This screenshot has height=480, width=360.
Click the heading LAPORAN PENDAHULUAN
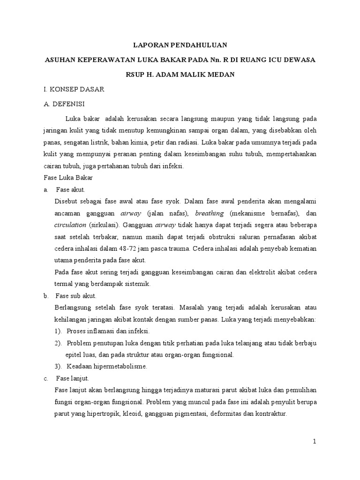coord(180,45)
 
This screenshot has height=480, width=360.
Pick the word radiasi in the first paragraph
coord(188,141)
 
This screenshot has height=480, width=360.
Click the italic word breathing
coord(210,213)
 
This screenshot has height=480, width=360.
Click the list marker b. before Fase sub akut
coord(46,296)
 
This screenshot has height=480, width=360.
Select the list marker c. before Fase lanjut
coord(45,378)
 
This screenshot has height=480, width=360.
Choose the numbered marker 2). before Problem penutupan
coord(58,343)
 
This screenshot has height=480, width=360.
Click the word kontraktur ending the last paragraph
coord(269,414)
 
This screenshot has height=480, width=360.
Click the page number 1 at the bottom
coord(315,442)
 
